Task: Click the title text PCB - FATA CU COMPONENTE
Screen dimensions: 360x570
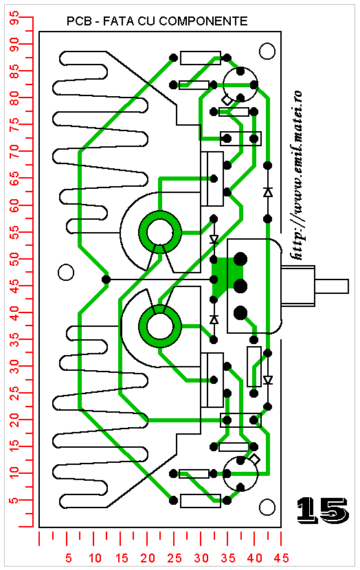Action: [x=157, y=21]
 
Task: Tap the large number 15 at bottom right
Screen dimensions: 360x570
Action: [x=322, y=510]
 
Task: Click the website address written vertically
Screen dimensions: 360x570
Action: [x=297, y=175]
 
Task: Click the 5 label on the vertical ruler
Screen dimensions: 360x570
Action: [x=14, y=501]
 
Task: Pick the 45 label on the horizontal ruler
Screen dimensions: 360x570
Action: [x=281, y=558]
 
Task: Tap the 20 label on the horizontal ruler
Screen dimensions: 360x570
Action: [x=147, y=558]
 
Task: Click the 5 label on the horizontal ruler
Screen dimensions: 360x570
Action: [x=69, y=558]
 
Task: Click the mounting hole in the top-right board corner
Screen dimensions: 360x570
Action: [x=267, y=52]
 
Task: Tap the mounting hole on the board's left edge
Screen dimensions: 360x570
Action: [x=66, y=272]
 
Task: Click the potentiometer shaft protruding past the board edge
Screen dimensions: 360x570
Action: [x=332, y=286]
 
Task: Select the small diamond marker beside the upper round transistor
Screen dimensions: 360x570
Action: [x=227, y=100]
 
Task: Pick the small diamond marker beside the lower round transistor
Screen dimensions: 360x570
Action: [x=255, y=459]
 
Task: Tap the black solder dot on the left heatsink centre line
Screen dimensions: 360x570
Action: [x=106, y=280]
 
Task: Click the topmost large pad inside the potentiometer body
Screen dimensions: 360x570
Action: [x=240, y=260]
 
